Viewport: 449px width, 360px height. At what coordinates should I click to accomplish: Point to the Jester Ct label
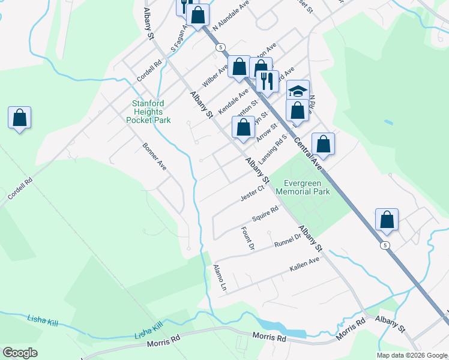(253, 193)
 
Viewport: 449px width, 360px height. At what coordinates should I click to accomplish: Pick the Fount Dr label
(248, 238)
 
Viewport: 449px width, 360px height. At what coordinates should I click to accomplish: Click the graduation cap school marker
(298, 91)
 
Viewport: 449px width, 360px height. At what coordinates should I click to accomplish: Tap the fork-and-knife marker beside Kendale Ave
(267, 80)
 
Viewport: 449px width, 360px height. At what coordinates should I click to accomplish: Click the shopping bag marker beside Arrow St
(243, 127)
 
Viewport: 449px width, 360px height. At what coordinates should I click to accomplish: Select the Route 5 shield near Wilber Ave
(221, 47)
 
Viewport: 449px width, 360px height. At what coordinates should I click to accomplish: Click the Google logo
(20, 353)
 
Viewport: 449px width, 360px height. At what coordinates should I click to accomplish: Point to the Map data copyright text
(412, 355)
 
